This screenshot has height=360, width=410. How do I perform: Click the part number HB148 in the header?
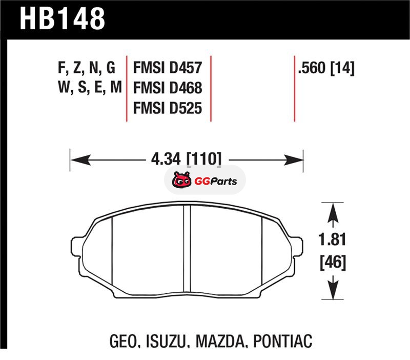pos(62,18)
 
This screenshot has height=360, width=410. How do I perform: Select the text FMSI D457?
pos(168,68)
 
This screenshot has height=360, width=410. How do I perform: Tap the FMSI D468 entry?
pos(168,88)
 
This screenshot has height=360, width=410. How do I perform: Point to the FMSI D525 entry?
pos(168,108)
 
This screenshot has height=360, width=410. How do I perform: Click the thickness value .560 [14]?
pos(326,68)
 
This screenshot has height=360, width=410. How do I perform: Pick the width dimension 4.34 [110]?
pos(187,158)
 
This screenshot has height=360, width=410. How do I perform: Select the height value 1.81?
pos(332,239)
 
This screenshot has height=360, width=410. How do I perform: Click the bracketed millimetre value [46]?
pos(333,262)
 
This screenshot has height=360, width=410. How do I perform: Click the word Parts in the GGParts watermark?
pos(223,181)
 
